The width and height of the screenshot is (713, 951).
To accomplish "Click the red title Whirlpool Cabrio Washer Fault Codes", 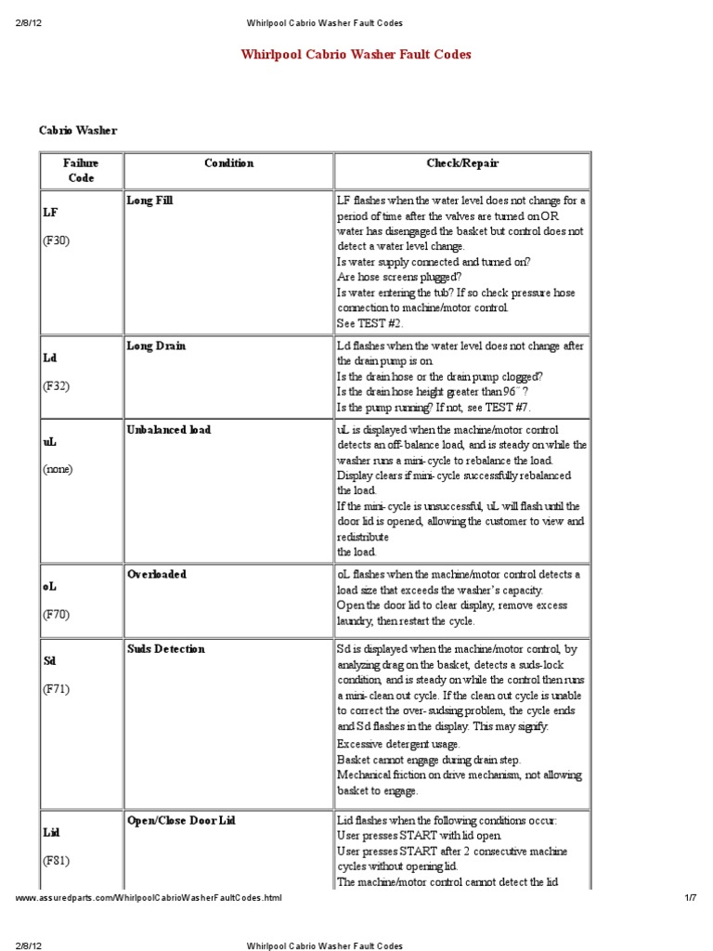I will tap(356, 55).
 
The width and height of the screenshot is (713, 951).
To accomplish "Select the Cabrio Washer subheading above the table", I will tap(78, 131).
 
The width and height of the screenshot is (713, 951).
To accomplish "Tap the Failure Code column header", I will tap(81, 170).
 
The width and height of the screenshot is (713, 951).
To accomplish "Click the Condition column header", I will tap(228, 163).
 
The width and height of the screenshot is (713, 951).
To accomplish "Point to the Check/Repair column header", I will tap(462, 163).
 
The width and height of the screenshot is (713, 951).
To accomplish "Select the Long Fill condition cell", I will tap(149, 200).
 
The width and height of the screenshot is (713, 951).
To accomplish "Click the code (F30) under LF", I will tap(56, 241).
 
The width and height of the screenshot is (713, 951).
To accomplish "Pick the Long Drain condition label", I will tap(156, 345).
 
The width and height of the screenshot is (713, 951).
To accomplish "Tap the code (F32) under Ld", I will tap(56, 385).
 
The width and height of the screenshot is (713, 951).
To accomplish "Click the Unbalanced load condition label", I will tap(168, 429).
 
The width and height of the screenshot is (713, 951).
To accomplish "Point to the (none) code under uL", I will tap(58, 469).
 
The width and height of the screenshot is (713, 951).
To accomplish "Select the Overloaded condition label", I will tap(156, 574).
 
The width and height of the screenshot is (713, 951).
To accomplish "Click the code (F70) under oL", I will tap(56, 614).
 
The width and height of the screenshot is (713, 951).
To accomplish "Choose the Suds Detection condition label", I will tap(165, 648).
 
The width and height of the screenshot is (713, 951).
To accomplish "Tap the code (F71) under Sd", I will tap(56, 689).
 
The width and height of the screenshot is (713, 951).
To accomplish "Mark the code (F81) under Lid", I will tap(56, 861).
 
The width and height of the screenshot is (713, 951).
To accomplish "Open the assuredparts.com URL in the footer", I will tap(148, 898).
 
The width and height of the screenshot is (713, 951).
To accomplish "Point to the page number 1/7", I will tap(690, 898).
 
